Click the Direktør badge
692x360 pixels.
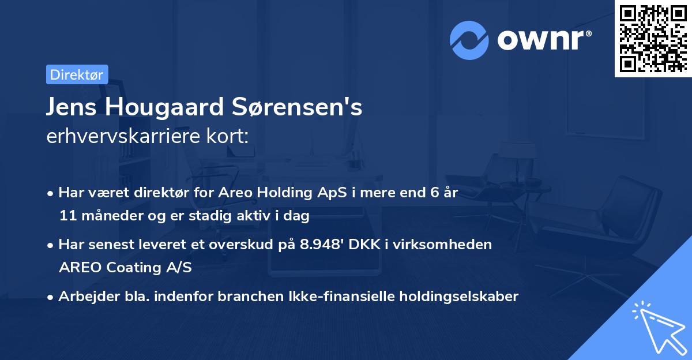tap(77, 74)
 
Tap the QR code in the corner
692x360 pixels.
tap(653, 38)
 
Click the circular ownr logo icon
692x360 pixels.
tap(469, 40)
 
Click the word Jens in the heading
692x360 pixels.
tap(69, 108)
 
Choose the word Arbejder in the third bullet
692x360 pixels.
tap(84, 297)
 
